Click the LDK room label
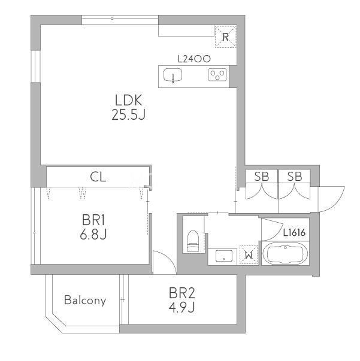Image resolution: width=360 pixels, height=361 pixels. coord(129,101)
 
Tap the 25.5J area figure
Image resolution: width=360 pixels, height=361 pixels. coord(128,114)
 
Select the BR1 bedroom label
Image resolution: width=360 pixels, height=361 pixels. coord(93,220)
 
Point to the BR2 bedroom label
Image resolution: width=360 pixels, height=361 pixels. coord(181,293)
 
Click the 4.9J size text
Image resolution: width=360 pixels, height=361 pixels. coord(181,307)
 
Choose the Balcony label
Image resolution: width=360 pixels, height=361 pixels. coord(85,301)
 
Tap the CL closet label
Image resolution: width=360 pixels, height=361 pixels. coord(98,177)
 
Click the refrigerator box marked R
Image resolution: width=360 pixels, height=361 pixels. coord(225,37)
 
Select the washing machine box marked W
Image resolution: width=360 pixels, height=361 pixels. coord(249,255)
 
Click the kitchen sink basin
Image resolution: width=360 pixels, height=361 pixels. coord(173,75)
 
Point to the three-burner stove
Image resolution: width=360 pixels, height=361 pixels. coord(217,75)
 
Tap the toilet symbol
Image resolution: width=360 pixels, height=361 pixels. coord(193,241)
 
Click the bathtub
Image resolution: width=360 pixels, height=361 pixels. coord(285,253)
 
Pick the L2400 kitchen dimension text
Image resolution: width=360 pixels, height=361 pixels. coord(194,59)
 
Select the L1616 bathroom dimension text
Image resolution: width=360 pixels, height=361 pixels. coord(294,233)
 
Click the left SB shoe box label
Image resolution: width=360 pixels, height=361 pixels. coord(261,177)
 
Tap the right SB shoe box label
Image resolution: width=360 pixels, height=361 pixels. coord(295,177)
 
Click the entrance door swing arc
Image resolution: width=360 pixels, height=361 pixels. coord(338,202)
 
